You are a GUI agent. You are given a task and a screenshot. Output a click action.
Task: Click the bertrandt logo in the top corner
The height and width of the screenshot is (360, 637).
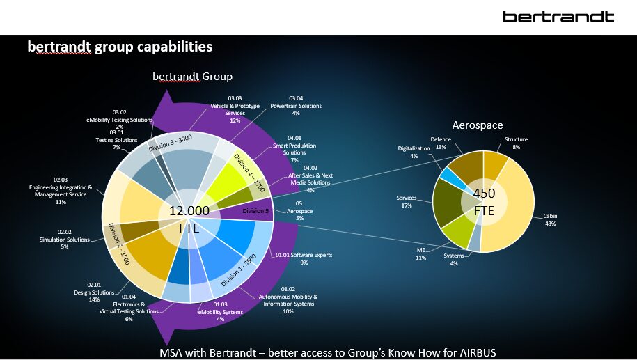pyautogui.click(x=558, y=17)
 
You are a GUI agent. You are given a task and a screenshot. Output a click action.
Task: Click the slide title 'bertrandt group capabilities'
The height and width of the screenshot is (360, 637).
pyautogui.click(x=120, y=47)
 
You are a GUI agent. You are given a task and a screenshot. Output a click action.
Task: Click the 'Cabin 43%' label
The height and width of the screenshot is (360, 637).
pyautogui.click(x=550, y=219)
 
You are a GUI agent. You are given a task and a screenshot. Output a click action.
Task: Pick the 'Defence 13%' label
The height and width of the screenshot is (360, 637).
pyautogui.click(x=440, y=143)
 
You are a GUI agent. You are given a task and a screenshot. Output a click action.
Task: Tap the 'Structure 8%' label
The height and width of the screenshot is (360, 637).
pyautogui.click(x=516, y=143)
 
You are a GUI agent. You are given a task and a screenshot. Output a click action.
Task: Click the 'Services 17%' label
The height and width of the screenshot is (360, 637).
pyautogui.click(x=406, y=202)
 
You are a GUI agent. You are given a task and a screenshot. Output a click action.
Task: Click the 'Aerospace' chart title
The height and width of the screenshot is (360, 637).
pyautogui.click(x=477, y=125)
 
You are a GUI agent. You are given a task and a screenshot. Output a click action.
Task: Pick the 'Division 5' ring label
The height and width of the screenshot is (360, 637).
pyautogui.click(x=255, y=211)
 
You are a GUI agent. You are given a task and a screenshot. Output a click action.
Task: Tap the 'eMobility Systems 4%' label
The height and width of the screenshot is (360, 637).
pyautogui.click(x=220, y=308)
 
